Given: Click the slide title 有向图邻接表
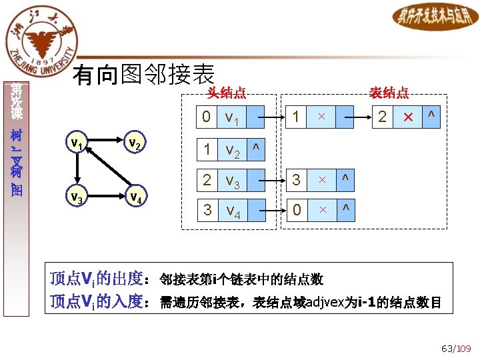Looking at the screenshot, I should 143,75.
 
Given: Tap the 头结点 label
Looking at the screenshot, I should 226,93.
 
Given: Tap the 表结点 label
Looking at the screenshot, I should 389,93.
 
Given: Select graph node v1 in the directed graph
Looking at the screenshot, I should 77,144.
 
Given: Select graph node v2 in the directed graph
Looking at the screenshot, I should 134,144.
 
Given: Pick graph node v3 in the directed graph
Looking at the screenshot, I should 77,197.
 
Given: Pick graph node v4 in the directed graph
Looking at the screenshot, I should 135,197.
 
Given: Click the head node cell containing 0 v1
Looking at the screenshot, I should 223,118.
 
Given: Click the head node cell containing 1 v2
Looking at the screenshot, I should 223,150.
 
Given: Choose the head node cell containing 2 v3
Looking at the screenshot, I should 223,180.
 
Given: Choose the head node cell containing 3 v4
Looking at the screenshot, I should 223,211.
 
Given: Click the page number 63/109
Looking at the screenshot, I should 456,348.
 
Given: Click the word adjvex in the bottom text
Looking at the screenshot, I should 325,303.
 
